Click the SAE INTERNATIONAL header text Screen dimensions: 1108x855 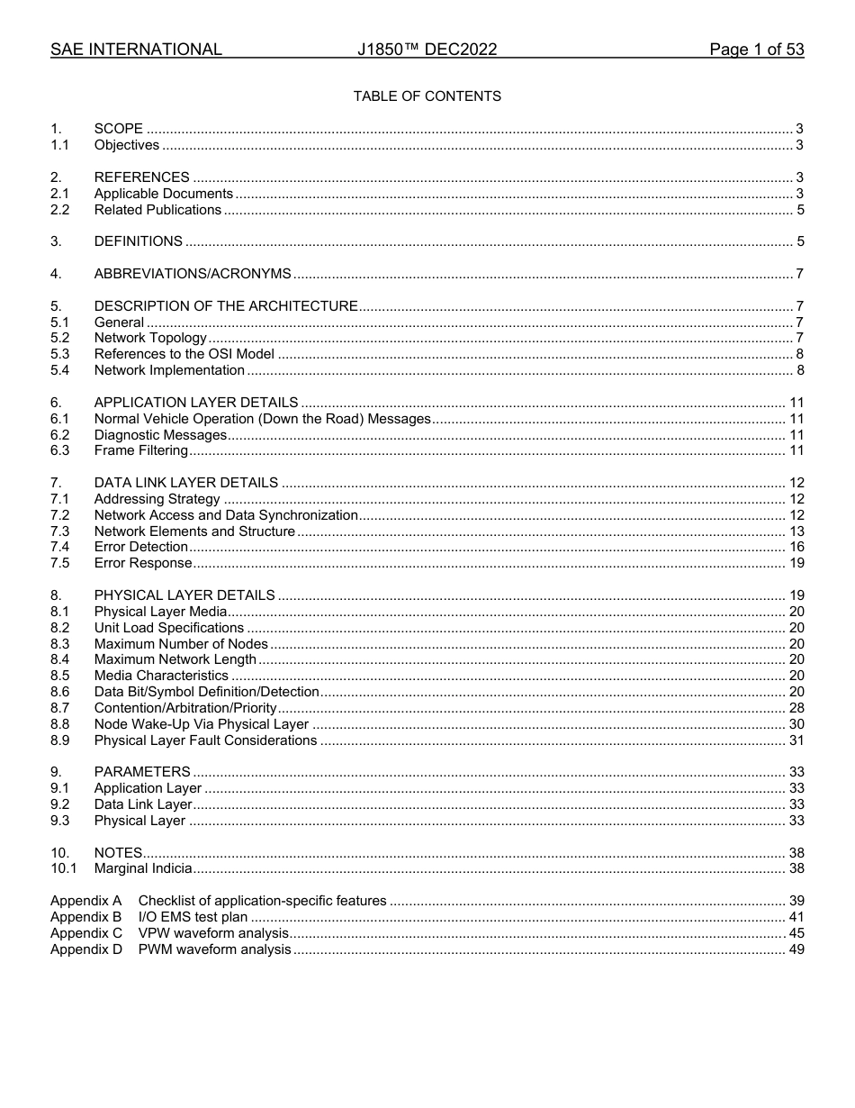click(136, 50)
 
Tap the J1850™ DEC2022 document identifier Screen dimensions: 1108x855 click(427, 50)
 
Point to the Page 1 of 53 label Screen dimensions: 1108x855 click(756, 50)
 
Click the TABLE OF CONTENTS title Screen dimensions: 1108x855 click(427, 96)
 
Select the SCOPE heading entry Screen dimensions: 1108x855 click(119, 130)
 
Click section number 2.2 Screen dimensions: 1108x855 click(59, 210)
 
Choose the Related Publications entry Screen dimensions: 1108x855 click(157, 210)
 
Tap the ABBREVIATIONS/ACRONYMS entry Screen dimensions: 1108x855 click(193, 274)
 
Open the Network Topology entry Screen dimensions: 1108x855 click(150, 339)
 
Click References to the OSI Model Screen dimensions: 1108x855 click(184, 354)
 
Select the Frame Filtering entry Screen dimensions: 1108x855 click(141, 450)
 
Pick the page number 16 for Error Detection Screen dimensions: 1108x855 click(796, 547)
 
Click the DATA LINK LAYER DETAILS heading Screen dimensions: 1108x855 click(186, 483)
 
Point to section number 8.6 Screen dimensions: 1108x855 click(59, 692)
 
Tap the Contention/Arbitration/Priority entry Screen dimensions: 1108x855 click(185, 708)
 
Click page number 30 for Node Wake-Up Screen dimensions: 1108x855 click(796, 724)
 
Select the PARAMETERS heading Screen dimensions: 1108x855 click(142, 772)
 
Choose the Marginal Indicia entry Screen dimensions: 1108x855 click(143, 869)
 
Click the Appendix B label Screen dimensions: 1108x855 click(85, 917)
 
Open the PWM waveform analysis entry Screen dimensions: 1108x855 click(214, 949)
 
